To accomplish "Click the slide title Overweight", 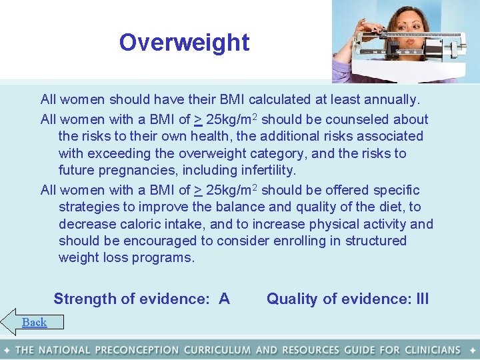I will [184, 43].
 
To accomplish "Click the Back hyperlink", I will [34, 323].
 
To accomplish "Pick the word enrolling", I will [313, 241].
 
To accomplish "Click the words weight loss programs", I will [127, 258].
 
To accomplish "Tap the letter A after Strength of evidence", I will [224, 299].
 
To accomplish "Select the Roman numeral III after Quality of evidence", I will [422, 299].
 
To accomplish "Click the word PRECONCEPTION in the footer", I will [137, 350].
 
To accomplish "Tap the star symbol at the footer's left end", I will [7, 350].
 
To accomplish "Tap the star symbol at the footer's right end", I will [473, 350].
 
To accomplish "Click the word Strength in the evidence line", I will [85, 299].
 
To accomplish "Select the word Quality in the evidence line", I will [292, 299].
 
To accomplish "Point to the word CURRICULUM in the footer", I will [217, 350].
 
